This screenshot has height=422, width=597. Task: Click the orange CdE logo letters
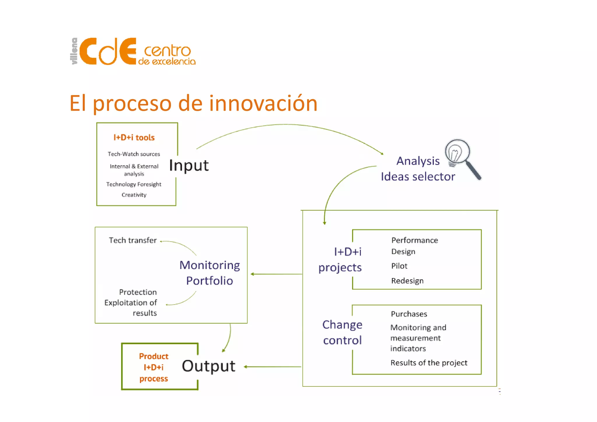tap(108, 51)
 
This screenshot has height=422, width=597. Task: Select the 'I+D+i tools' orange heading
tap(134, 138)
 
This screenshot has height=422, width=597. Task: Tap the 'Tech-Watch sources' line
tap(134, 154)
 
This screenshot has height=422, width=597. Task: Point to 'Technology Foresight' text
tap(134, 184)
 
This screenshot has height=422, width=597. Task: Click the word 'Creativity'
tap(134, 195)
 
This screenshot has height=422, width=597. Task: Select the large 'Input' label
tap(189, 165)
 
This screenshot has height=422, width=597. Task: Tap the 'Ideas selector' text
tap(418, 177)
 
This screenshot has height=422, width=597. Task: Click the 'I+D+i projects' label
tap(340, 259)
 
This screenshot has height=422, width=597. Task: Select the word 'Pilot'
tap(399, 266)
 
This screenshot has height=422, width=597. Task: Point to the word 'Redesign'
tap(407, 281)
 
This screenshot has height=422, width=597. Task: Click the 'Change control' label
tap(343, 332)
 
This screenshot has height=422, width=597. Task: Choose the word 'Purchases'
tap(409, 314)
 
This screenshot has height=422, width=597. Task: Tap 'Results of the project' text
tap(429, 363)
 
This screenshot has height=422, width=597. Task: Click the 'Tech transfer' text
tap(133, 240)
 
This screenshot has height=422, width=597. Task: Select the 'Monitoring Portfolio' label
tap(210, 273)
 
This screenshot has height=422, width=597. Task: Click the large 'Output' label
tap(208, 366)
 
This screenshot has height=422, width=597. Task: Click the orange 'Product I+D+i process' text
tap(154, 367)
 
